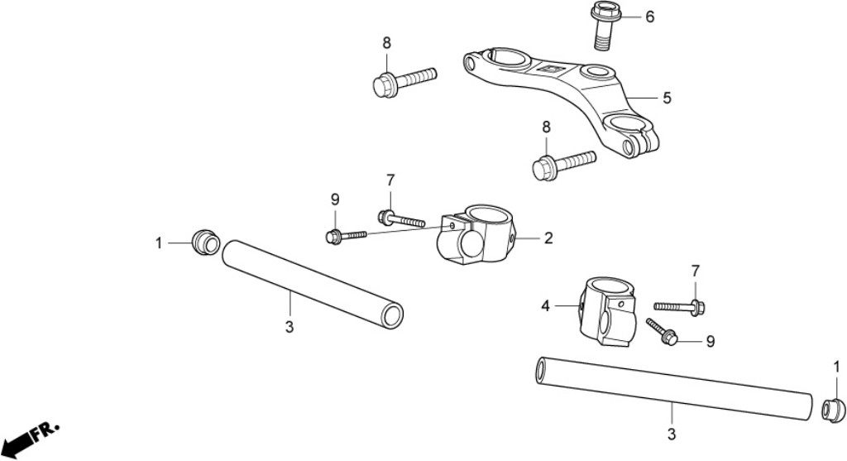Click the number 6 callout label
coord(650,17)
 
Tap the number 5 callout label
coord(667,98)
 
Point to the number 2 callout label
coord(548,238)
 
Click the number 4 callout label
coord(545,306)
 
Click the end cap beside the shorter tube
coord(204,242)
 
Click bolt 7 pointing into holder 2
coord(400,219)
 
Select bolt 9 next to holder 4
coord(663,331)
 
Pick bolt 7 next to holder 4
coord(679,306)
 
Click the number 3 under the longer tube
coord(671,433)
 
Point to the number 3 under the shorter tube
coord(289,327)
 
